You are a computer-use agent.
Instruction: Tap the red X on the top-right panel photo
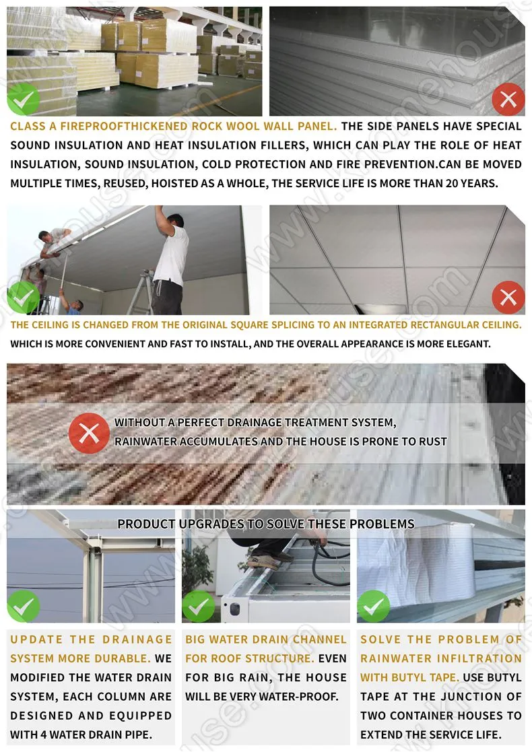click(508, 100)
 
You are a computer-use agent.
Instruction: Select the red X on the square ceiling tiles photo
click(508, 297)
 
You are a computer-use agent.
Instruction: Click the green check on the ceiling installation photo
click(24, 297)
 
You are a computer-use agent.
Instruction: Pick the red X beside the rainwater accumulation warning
click(89, 433)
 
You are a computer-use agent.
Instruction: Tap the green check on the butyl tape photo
click(373, 606)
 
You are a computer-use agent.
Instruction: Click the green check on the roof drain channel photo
click(198, 606)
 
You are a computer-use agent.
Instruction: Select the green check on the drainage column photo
click(24, 606)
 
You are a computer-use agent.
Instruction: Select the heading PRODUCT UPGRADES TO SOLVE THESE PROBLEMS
click(266, 524)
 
